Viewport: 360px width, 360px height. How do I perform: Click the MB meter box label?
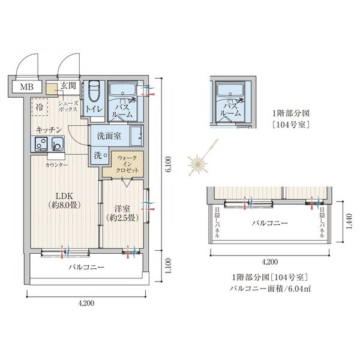click(26, 87)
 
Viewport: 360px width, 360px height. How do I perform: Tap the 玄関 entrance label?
click(68, 86)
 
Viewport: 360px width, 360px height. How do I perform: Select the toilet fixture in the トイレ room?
click(94, 91)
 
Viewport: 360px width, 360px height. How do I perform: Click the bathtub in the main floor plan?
click(123, 90)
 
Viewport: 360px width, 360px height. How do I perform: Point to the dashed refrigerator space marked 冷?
click(40, 107)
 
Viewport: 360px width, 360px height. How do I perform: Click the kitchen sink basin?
click(58, 144)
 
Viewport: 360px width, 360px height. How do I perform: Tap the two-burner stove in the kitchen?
click(41, 144)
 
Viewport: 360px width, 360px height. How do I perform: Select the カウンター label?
click(56, 165)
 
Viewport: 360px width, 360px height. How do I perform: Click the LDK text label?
click(65, 196)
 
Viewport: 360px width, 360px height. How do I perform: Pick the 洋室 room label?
click(122, 209)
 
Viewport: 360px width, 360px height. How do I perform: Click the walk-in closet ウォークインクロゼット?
click(123, 164)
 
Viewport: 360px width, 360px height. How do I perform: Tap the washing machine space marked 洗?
click(100, 155)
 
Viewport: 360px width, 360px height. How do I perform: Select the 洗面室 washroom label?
click(109, 136)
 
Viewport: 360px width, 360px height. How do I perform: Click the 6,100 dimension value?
click(169, 164)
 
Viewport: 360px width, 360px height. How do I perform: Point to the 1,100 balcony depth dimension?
click(169, 266)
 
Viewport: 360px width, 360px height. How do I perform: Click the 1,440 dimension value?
click(349, 221)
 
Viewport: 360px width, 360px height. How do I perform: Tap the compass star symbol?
click(197, 164)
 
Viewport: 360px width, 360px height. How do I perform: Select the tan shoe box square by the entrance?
click(52, 89)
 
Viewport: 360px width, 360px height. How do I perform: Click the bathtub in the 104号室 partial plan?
click(230, 90)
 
